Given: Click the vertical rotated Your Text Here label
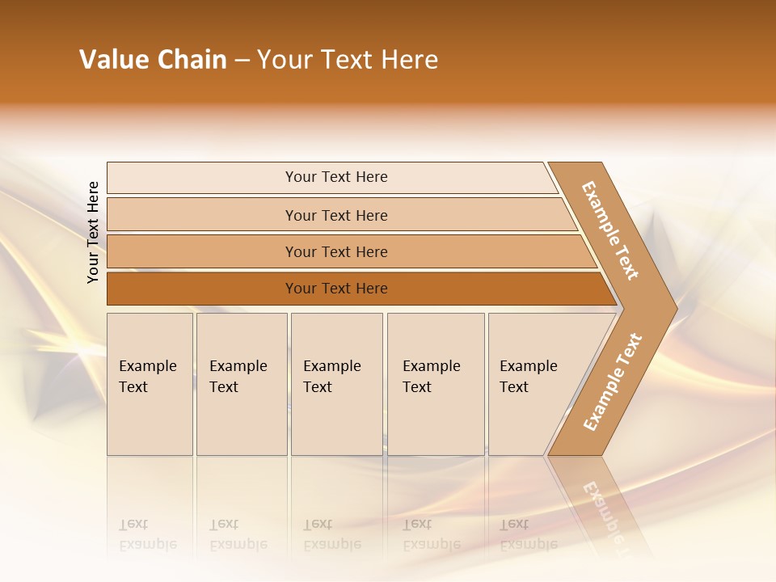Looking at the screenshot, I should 93,232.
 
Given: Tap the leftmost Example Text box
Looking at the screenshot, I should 150,383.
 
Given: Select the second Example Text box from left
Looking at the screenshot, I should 242,383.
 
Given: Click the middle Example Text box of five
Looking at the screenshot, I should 336,383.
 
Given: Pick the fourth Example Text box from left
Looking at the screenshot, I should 436,383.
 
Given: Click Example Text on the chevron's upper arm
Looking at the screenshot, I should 610,230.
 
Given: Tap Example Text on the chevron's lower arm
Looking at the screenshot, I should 613,382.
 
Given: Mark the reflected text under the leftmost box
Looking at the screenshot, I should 147,534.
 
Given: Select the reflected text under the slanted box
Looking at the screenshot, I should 528,534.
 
